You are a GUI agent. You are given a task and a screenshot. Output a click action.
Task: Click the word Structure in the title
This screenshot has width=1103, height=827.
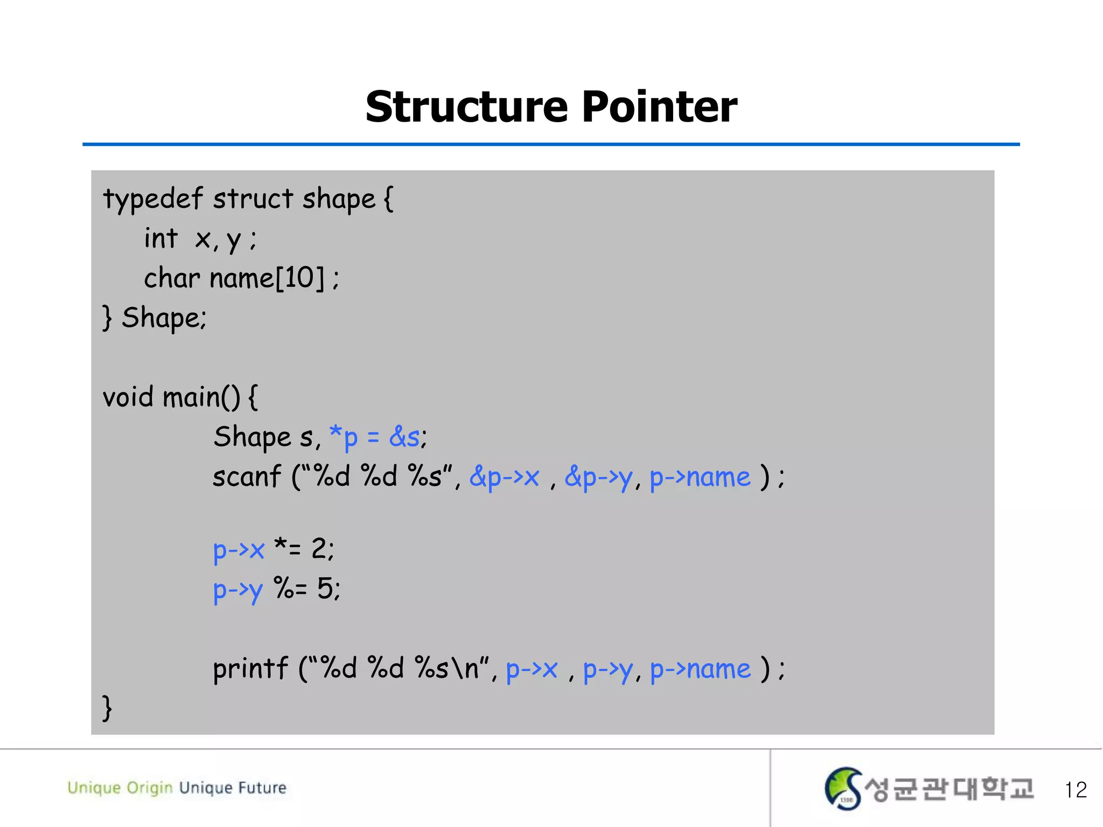467,107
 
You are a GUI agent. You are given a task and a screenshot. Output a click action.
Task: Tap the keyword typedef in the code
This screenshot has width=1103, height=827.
152,199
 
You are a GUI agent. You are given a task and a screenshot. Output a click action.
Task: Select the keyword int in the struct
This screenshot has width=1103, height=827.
160,239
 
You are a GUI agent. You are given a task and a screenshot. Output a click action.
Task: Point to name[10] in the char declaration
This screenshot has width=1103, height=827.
267,278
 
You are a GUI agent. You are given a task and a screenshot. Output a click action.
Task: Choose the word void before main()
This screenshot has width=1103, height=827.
128,397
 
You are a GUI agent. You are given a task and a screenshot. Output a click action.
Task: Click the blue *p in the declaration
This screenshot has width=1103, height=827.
344,437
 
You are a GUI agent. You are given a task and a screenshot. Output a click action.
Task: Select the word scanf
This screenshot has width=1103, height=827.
247,476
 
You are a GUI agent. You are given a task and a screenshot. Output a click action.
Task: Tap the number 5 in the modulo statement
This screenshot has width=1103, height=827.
325,588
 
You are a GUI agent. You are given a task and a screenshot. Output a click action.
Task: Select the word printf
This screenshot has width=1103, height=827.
250,669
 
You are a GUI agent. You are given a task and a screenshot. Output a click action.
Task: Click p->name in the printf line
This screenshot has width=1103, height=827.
700,669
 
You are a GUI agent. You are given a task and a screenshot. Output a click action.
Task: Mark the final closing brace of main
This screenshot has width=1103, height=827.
107,708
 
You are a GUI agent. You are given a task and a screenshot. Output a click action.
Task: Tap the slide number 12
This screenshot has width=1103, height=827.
1076,790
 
